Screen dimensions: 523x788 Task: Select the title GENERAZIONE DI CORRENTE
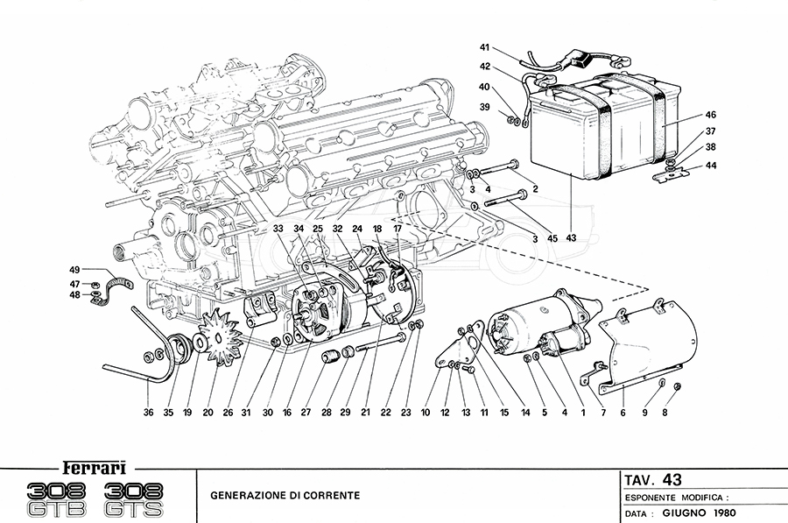(x=285, y=495)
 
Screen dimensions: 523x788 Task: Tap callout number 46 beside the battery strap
(x=711, y=115)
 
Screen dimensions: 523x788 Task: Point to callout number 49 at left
(x=75, y=270)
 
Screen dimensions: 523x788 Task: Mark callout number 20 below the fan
(x=208, y=413)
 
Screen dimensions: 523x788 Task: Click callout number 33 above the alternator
(x=278, y=230)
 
